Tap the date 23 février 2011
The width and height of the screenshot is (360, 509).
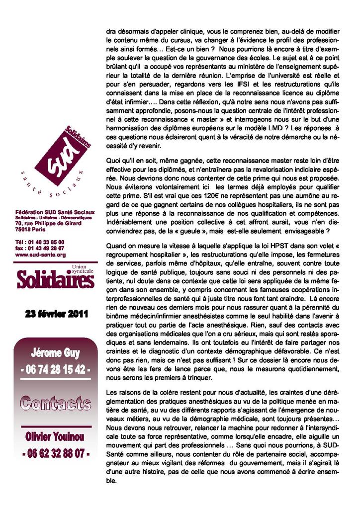pyautogui.click(x=56, y=314)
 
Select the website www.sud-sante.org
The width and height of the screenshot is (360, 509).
pyautogui.click(x=40, y=254)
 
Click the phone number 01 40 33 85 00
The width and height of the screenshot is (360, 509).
pyautogui.click(x=47, y=242)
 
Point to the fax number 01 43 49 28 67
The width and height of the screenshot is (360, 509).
pyautogui.click(x=47, y=248)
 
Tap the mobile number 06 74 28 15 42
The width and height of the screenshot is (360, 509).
pyautogui.click(x=55, y=371)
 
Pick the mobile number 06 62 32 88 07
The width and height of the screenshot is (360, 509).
pyautogui.click(x=55, y=453)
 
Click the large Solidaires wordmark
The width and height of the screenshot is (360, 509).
pyautogui.click(x=55, y=280)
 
